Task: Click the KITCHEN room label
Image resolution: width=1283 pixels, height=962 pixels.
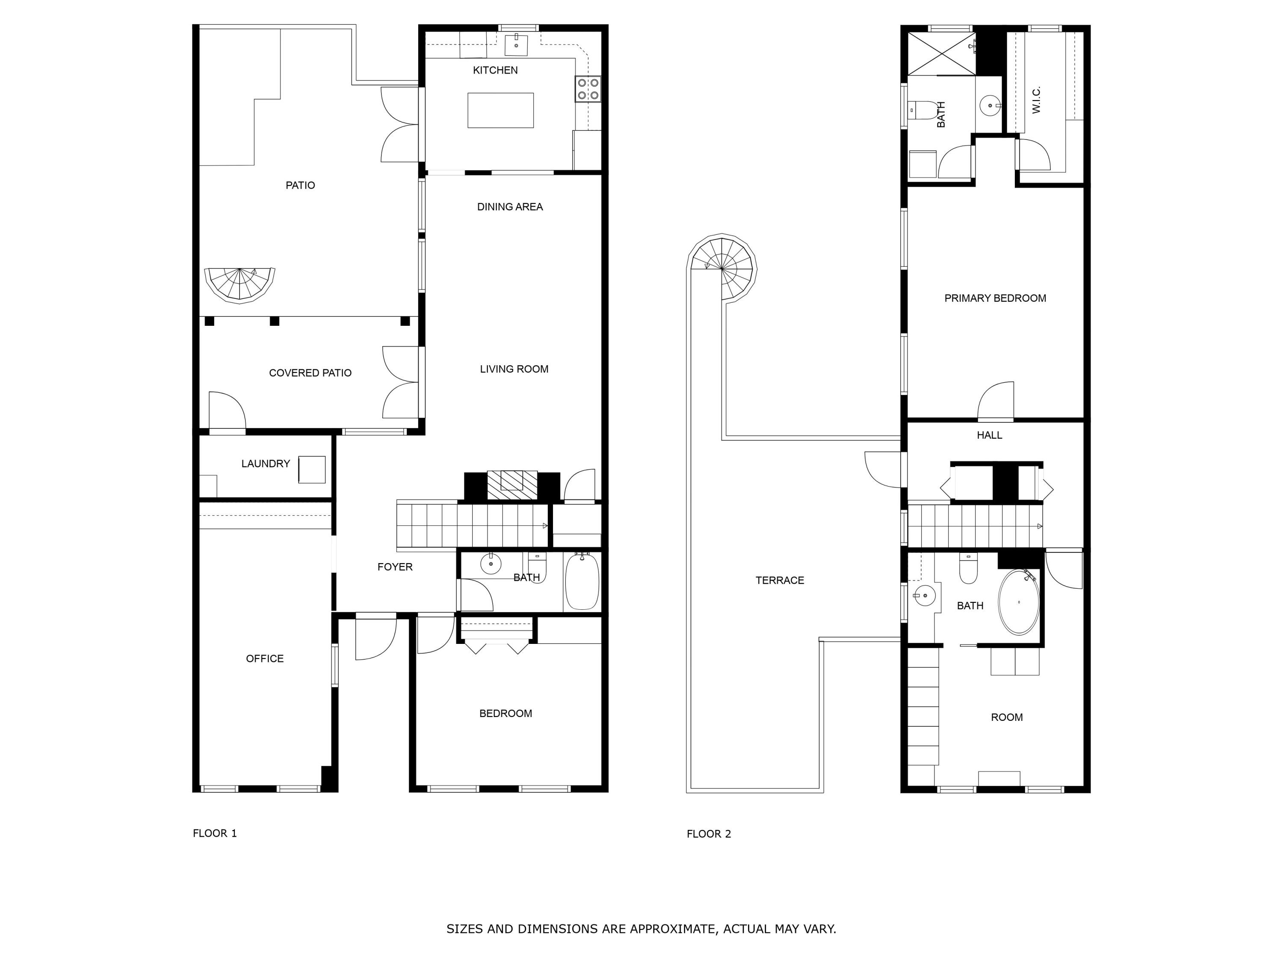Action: [495, 70]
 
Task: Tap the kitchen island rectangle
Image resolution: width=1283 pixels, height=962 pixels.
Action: [500, 110]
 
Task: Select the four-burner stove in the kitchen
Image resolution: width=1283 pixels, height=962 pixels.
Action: [588, 89]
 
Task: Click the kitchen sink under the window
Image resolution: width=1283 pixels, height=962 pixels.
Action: [516, 44]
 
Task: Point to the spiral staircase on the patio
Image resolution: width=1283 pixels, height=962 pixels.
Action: [239, 284]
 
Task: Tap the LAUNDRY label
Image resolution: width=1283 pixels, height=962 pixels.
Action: [265, 463]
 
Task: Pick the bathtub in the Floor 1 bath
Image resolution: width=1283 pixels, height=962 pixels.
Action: [582, 581]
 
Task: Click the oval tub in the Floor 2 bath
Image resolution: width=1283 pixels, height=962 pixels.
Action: [1019, 602]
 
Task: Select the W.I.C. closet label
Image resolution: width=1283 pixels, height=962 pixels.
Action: [1037, 99]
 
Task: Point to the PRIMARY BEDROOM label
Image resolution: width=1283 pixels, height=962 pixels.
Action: [995, 298]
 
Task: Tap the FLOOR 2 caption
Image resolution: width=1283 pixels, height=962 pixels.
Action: [708, 834]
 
